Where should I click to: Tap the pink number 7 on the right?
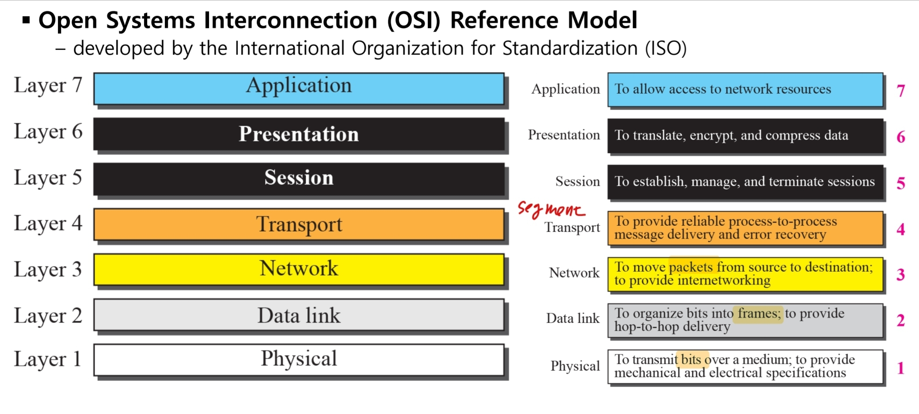[901, 91]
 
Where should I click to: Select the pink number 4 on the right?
[901, 229]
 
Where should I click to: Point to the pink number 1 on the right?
[901, 368]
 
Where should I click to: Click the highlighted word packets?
[691, 267]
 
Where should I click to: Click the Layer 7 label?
[48, 85]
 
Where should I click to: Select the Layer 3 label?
[48, 270]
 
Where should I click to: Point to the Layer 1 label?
[48, 359]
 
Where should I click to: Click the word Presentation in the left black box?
[299, 134]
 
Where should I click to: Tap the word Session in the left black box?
[299, 178]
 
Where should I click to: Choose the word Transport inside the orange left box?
[299, 224]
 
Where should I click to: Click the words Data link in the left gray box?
[299, 315]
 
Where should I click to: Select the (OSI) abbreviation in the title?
[414, 20]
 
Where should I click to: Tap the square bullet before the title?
[26, 20]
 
